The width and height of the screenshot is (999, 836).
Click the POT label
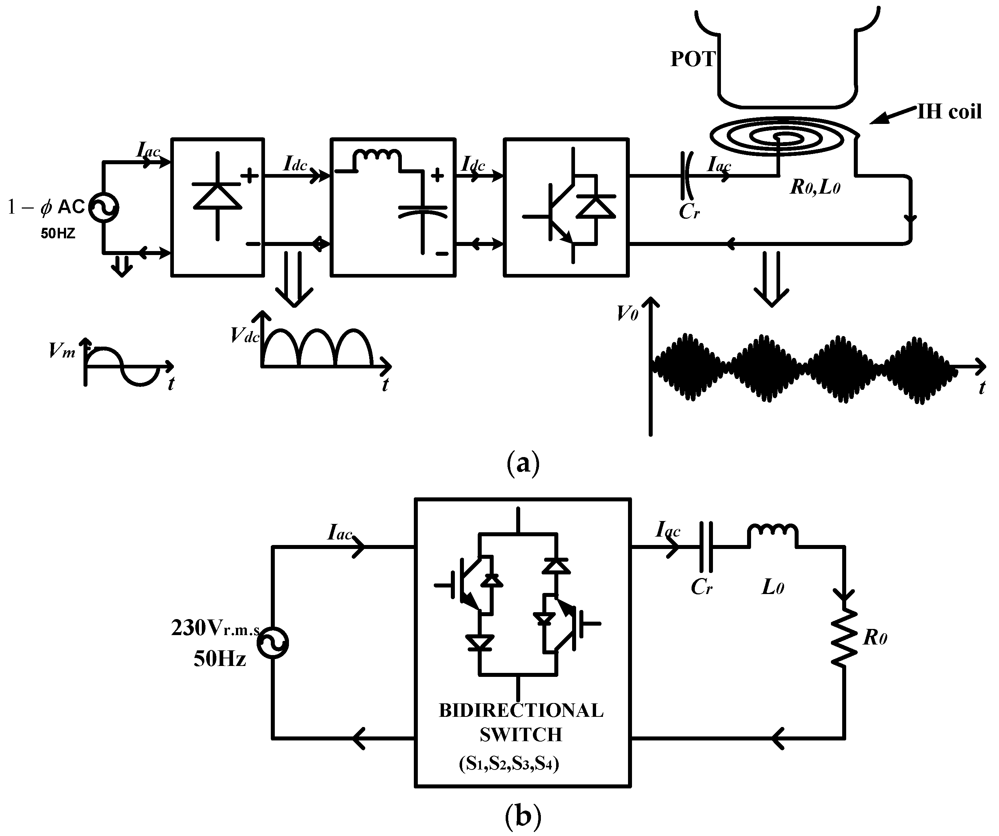coord(693,59)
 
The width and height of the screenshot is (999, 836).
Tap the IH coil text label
coord(949,112)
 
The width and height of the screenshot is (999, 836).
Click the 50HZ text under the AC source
coord(58,234)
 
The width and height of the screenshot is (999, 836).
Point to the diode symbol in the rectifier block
coord(217,196)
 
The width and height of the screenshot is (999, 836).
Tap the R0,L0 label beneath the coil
coord(815,187)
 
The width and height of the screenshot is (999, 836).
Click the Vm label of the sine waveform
coord(62,351)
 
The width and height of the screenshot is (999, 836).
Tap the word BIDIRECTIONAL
coord(521,711)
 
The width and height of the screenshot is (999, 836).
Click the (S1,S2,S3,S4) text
coord(509,764)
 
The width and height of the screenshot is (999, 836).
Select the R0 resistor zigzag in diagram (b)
coord(844,638)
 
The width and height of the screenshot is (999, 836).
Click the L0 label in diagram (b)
coord(772,588)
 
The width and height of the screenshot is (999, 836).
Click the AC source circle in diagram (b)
coord(273,643)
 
